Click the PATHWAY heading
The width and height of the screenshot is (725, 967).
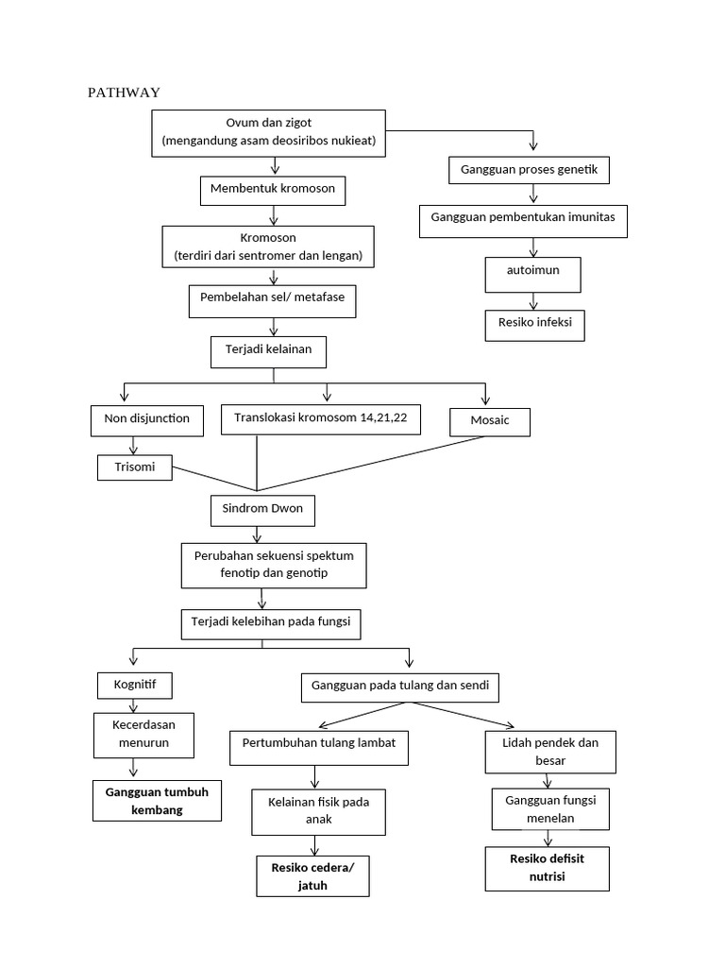(x=124, y=92)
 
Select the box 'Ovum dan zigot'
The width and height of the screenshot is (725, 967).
(x=269, y=132)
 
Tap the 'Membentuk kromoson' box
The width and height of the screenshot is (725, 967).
(x=273, y=190)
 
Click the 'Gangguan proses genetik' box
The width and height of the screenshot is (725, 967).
(x=529, y=170)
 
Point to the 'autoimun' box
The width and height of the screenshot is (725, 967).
(x=534, y=274)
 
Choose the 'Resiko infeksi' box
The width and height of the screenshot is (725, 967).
(x=535, y=325)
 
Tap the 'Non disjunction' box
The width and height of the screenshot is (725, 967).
(x=147, y=419)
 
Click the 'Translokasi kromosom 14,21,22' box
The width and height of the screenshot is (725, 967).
(x=321, y=418)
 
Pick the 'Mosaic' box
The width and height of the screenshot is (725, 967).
(x=489, y=421)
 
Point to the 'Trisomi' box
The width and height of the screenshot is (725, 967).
(x=135, y=467)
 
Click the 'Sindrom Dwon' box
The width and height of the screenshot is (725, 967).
(x=261, y=511)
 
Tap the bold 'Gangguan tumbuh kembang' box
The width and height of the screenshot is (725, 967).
(x=157, y=802)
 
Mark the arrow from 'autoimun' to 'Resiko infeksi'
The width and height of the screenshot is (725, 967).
(x=534, y=301)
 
